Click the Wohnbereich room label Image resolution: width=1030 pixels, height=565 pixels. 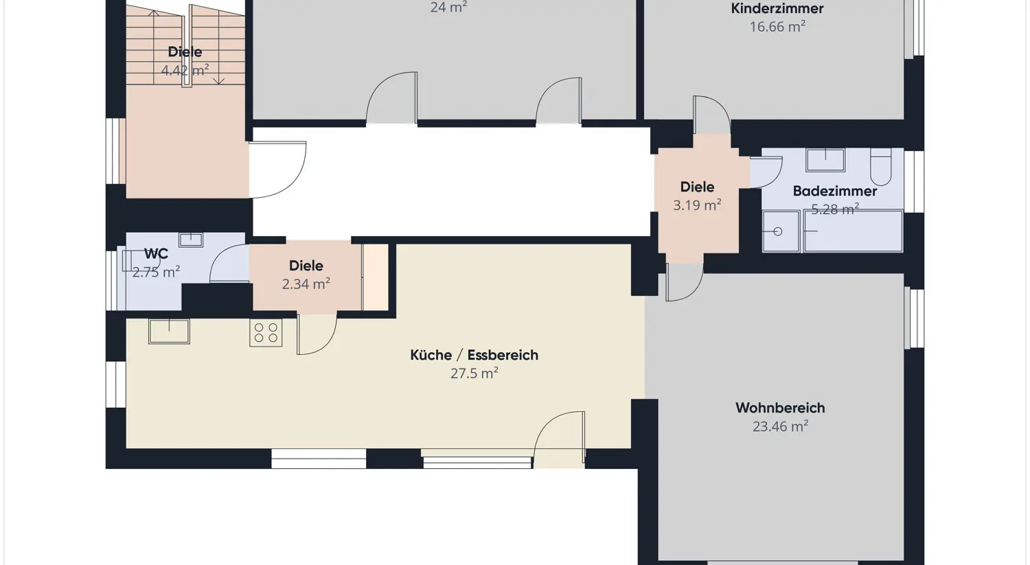[x=780, y=408]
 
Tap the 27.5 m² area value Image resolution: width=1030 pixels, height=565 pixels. [x=474, y=373]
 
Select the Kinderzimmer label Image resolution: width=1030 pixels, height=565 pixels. [x=777, y=9]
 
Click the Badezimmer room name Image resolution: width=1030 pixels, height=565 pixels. [x=834, y=192]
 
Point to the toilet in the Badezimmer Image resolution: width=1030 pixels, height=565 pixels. [x=880, y=167]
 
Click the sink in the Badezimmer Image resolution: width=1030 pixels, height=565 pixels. [x=825, y=160]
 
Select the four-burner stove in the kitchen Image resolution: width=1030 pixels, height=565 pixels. [x=266, y=333]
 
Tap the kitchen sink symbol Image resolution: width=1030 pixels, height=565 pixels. [x=169, y=331]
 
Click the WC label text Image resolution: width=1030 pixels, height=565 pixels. [x=156, y=254]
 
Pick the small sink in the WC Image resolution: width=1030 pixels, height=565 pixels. [x=191, y=240]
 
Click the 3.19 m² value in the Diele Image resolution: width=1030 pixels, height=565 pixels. [x=697, y=205]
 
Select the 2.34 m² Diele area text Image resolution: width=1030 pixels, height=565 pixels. [x=306, y=284]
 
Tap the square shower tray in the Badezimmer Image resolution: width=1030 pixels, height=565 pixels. [x=780, y=232]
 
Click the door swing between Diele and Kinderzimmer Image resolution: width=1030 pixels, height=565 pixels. [x=711, y=115]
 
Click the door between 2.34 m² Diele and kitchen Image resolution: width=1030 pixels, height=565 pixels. [x=316, y=334]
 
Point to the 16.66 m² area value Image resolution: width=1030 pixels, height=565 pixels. [x=777, y=27]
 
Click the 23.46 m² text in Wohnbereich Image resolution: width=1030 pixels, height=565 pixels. [x=780, y=426]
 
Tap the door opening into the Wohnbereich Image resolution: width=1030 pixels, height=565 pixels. [x=684, y=282]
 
